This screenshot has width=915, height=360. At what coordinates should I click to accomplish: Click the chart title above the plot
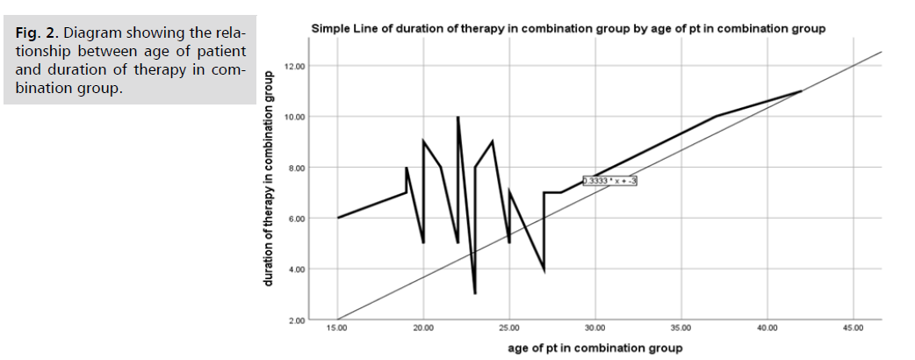tap(568, 29)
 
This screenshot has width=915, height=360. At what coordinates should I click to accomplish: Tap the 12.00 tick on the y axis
tap(294, 67)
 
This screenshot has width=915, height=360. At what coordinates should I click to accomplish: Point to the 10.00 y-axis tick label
tap(294, 117)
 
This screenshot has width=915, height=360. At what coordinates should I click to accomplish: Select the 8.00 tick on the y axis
tap(296, 168)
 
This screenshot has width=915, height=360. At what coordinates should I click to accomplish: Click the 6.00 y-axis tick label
tap(296, 218)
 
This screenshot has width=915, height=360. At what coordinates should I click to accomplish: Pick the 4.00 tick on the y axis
tap(296, 269)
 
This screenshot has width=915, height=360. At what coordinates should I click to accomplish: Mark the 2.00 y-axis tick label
tap(296, 320)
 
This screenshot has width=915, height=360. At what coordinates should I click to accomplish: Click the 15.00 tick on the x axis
tap(337, 328)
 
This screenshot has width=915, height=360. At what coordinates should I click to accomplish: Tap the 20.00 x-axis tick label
tap(423, 328)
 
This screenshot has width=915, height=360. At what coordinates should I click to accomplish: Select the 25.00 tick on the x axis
tap(509, 328)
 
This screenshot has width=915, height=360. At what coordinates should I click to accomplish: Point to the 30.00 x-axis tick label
tap(595, 328)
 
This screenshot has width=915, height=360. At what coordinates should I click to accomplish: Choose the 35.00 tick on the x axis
tap(681, 328)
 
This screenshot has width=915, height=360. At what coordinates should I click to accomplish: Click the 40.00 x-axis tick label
tap(767, 328)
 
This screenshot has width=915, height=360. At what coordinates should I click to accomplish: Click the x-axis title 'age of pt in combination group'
tap(594, 348)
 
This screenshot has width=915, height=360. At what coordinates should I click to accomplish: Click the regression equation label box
tap(609, 181)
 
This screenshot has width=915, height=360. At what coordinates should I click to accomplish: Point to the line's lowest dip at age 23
tap(475, 293)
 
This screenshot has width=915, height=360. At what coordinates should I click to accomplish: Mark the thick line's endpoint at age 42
tap(802, 91)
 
